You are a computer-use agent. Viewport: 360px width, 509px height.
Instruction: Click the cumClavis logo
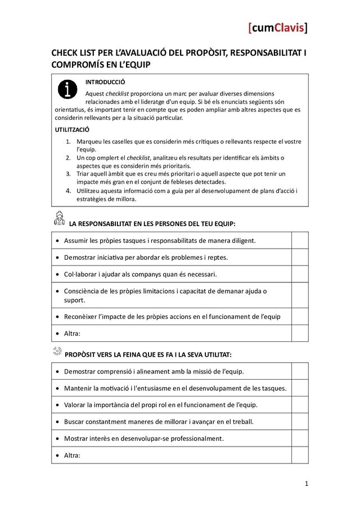(278, 28)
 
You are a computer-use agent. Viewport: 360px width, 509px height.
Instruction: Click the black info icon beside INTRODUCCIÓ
(67, 89)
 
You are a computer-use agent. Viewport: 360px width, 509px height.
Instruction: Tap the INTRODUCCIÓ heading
(105, 82)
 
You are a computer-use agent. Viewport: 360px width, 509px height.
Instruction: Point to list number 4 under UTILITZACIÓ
(68, 191)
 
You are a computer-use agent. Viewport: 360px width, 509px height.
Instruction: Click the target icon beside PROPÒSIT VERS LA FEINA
(57, 352)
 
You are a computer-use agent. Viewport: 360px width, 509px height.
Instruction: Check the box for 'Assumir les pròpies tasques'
(300, 240)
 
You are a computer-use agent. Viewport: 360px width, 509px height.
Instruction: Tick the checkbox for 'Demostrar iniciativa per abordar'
(300, 257)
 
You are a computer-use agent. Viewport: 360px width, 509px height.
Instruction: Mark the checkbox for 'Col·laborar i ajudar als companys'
(300, 274)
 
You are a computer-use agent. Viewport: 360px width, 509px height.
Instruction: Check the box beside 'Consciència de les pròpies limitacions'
(300, 295)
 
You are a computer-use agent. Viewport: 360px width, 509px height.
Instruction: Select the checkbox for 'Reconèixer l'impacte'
(300, 316)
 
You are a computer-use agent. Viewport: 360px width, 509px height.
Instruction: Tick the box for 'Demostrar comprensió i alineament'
(300, 371)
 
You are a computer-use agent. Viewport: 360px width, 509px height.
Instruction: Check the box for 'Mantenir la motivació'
(300, 388)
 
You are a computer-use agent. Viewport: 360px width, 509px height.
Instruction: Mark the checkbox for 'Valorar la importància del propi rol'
(300, 404)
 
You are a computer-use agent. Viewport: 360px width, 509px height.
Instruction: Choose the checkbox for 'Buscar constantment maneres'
(300, 421)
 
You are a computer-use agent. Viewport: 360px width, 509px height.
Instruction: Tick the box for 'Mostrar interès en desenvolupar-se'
(300, 438)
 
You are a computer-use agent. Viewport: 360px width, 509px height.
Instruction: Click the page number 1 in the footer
(307, 484)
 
